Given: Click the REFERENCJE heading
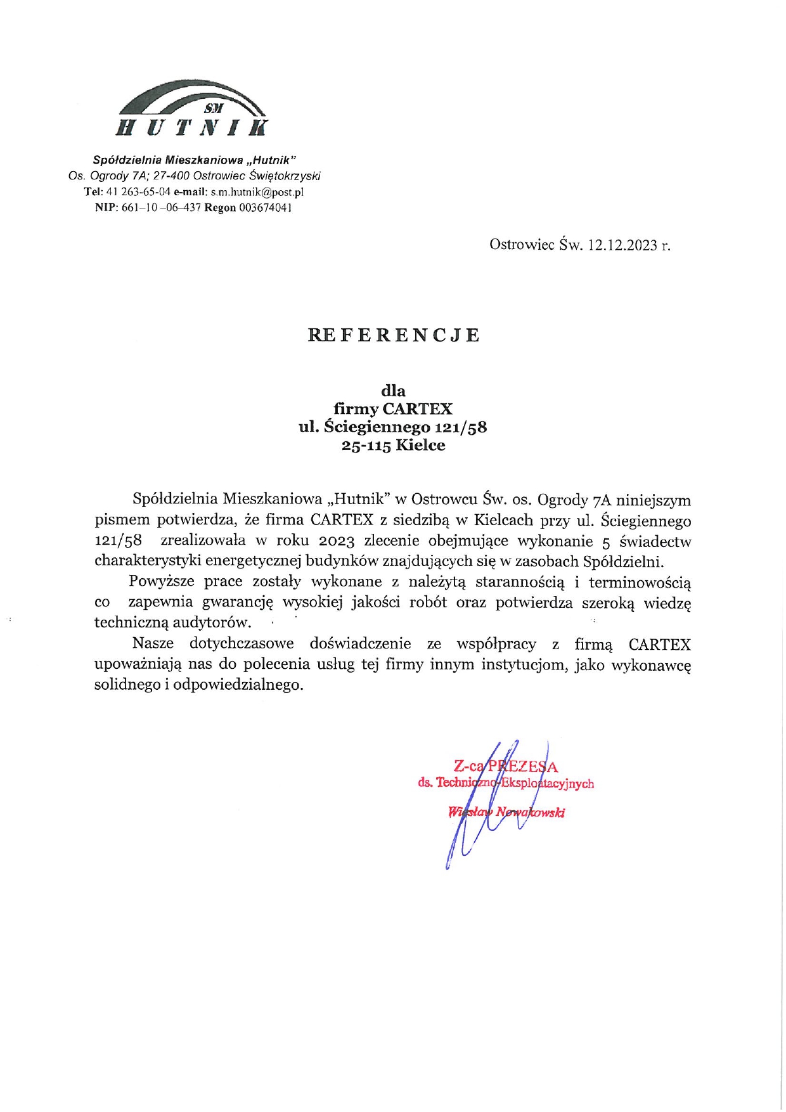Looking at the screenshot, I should (x=393, y=335).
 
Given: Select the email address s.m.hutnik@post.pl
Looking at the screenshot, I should (x=257, y=192).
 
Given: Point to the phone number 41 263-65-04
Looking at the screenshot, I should (x=138, y=192).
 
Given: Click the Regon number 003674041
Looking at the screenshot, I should (x=266, y=208).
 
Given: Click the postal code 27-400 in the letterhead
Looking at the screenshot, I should (x=171, y=176).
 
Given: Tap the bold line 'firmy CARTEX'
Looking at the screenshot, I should (x=393, y=409).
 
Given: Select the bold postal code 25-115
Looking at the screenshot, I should (x=366, y=446).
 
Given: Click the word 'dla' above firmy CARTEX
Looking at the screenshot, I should (x=393, y=391).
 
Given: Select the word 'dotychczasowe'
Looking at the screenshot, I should (x=242, y=644).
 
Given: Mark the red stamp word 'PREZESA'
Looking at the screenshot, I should (x=523, y=767).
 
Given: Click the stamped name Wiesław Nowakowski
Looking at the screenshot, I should (x=506, y=812).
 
